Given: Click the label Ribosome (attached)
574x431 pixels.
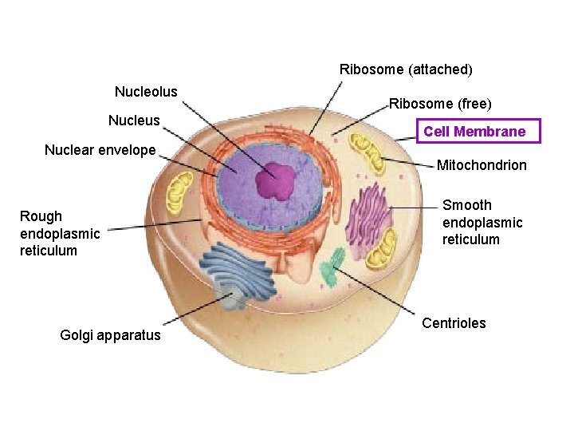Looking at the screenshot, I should [x=406, y=69].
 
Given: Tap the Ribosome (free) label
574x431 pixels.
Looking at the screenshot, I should [x=440, y=104].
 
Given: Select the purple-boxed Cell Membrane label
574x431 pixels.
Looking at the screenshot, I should [x=474, y=132].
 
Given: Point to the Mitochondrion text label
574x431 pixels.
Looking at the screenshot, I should [x=482, y=165].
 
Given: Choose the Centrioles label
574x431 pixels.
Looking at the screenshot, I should [x=454, y=323].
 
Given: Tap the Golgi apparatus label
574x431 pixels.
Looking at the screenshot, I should [x=110, y=335].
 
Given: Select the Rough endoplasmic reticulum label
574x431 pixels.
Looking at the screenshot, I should [x=60, y=233].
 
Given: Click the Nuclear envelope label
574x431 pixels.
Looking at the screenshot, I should [x=100, y=150].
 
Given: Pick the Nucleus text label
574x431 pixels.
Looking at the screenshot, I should [x=134, y=121].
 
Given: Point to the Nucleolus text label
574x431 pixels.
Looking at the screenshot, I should [x=146, y=92].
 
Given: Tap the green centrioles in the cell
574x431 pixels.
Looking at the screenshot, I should [x=332, y=267].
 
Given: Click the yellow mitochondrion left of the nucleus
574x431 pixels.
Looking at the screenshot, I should [x=178, y=192].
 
